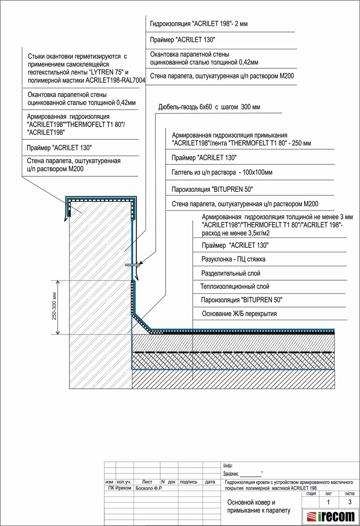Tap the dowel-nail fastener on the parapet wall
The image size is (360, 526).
pos(133,265)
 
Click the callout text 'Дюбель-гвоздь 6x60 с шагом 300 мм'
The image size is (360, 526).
pos(209,108)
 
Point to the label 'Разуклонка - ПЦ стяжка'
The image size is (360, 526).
pos(233,259)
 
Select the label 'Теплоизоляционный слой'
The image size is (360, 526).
pos(235,286)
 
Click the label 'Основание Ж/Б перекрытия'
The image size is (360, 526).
pos(239,314)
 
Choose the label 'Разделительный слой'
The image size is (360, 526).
pos(231,273)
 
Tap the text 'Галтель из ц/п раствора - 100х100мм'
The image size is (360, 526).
pos(222,173)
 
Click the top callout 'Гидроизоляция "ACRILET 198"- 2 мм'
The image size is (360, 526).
pos(199,24)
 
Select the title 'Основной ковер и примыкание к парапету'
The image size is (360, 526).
pos(258,506)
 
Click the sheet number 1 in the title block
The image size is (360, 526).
pos(328,502)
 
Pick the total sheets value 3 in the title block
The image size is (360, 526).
pos(349,502)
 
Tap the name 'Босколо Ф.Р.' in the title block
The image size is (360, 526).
pos(148,488)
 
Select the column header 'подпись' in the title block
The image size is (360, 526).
pos(189,482)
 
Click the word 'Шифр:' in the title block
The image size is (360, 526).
pos(228,466)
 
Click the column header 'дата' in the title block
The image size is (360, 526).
pos(210,482)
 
